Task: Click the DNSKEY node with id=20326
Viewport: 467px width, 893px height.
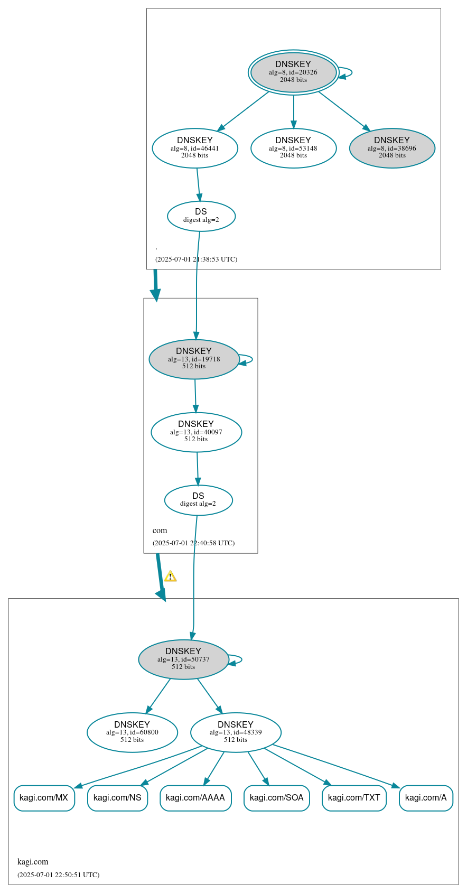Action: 293,72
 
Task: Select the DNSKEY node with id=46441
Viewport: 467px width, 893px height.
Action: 194,148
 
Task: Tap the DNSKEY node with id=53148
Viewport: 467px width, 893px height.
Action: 293,148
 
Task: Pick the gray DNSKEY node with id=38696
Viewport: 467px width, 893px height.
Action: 392,148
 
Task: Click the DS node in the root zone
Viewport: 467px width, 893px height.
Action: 201,216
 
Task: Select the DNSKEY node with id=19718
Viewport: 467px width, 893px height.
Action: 194,359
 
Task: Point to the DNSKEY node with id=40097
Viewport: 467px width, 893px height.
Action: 196,432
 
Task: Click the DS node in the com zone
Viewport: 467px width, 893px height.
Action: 198,500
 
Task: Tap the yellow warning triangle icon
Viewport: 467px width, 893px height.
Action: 170,576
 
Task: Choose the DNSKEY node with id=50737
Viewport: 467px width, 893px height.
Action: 183,659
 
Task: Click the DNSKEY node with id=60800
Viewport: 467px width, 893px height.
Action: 132,732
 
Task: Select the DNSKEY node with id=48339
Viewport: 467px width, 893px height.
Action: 236,732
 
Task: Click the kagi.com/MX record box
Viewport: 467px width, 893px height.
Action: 44,798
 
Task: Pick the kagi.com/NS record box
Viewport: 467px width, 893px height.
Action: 117,798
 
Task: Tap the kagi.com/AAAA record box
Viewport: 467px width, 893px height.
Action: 195,798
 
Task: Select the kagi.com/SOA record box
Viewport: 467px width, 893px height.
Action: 276,798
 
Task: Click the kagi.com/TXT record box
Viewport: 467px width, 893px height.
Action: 354,798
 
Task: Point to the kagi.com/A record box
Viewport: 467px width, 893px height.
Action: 426,798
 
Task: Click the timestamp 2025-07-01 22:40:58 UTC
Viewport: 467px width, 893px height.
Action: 193,543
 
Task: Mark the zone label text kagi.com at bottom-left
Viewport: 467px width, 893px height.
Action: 33,861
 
